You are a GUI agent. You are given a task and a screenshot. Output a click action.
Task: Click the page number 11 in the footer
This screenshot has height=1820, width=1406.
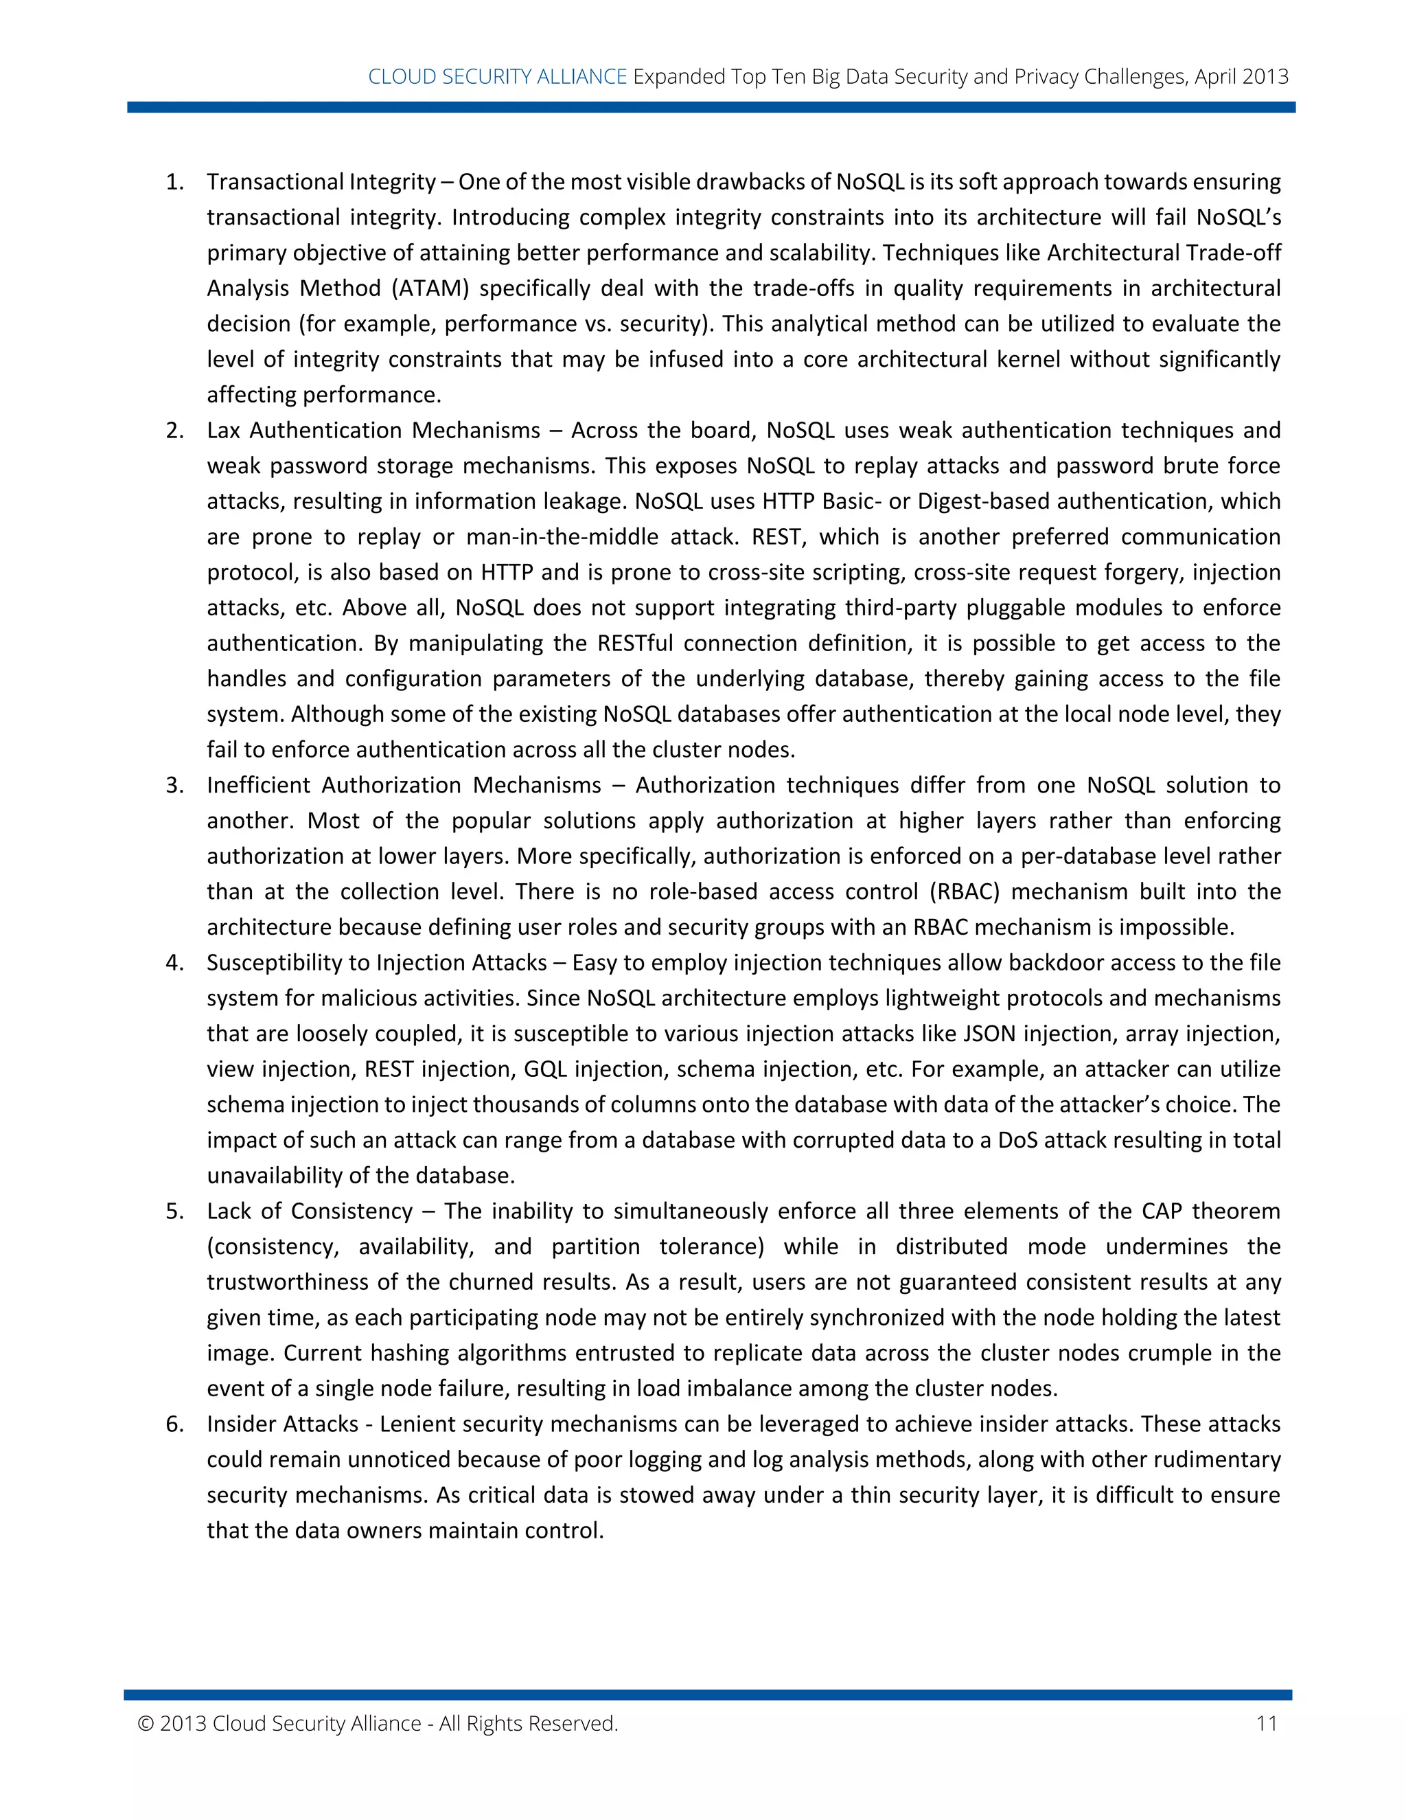coord(1266,1723)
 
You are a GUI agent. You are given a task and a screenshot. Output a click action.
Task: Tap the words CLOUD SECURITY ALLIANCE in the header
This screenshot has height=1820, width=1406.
coord(497,77)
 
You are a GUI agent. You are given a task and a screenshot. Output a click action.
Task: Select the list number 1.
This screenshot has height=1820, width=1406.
coord(174,182)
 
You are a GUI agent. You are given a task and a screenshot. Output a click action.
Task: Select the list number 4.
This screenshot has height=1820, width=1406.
coord(174,962)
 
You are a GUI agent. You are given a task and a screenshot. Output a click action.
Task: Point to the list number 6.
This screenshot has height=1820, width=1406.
coord(174,1424)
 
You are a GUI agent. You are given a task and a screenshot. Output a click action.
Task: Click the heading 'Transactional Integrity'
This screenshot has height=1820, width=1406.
coord(321,182)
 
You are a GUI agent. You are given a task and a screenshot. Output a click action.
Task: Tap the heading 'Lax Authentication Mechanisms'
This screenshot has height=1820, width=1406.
coord(374,430)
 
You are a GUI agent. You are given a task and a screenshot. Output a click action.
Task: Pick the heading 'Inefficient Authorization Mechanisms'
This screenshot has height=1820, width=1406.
coord(404,785)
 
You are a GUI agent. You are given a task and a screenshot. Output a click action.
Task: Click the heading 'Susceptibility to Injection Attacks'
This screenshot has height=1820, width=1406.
coord(376,962)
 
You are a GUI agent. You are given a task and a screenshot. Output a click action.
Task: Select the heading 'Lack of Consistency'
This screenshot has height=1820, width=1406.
coord(310,1211)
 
